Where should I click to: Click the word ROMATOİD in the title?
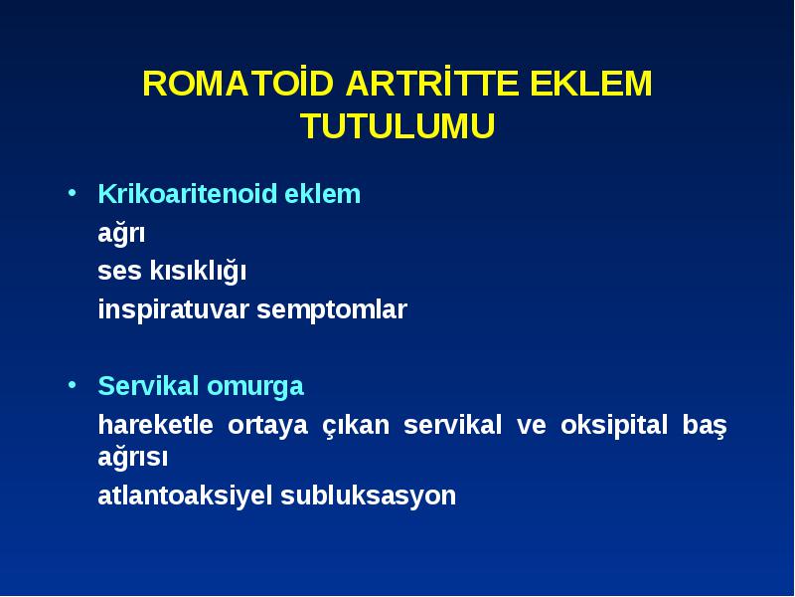point(238,83)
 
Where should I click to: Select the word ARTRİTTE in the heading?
point(432,83)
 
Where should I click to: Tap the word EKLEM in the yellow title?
point(591,84)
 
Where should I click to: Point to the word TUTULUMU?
point(397,125)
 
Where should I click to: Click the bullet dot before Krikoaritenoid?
point(72,193)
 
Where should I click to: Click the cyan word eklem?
point(322,193)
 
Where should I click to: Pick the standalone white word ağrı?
point(121,234)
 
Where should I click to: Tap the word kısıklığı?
point(197,271)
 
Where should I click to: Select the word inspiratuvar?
point(173,309)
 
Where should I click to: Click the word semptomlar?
point(332,310)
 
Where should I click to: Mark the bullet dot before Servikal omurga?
point(72,385)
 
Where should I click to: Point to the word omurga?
point(255,386)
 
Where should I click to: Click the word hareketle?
point(156,425)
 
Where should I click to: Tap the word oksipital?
point(613,426)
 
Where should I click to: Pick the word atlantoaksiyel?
point(185,496)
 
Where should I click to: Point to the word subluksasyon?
point(368,496)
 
